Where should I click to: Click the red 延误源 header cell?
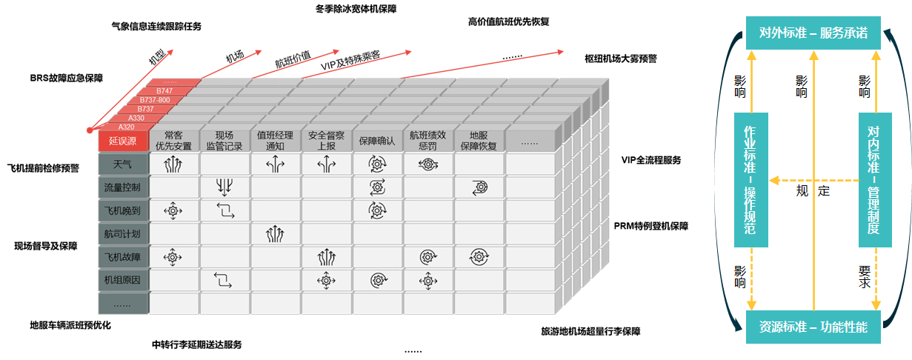[x=123, y=141]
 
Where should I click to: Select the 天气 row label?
[x=123, y=164]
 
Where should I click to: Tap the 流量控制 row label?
[x=123, y=187]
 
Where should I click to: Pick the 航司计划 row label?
[x=123, y=234]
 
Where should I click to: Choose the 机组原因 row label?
[x=123, y=280]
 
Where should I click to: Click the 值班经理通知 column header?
[x=275, y=141]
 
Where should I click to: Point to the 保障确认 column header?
[x=377, y=141]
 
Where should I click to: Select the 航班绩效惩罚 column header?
[x=428, y=141]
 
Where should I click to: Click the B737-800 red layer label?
[x=155, y=100]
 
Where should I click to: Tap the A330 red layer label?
[x=136, y=118]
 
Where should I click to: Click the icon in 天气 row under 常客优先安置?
[x=173, y=164]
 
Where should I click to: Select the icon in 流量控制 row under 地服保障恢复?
[x=479, y=187]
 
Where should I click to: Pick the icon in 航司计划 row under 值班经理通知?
[x=275, y=234]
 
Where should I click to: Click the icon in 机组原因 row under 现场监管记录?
[x=223, y=281]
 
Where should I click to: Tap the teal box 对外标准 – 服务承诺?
[x=813, y=33]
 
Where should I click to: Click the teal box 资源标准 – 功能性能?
[x=813, y=327]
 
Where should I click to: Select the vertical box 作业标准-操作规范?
[x=750, y=180]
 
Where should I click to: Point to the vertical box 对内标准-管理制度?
[x=875, y=180]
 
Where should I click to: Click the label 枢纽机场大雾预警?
[x=621, y=59]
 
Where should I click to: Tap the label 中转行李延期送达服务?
[x=196, y=344]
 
